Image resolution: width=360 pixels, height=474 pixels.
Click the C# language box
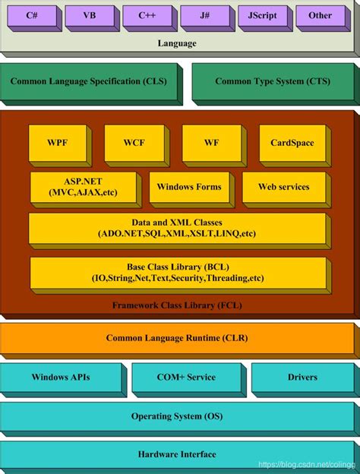coord(34,18)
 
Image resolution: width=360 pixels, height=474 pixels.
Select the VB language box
coord(92,18)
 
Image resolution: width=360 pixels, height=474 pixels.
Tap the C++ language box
coord(150,18)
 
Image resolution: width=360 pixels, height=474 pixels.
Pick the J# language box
coord(207,18)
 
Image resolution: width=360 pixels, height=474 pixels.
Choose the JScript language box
coord(265,18)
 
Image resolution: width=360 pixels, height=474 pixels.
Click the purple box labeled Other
coord(323,18)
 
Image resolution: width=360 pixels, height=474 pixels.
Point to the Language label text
coord(177,43)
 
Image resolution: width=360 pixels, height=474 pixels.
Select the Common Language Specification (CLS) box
coord(91,84)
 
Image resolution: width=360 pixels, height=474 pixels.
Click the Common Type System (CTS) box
coord(276,84)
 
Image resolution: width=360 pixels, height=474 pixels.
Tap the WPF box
coord(60,146)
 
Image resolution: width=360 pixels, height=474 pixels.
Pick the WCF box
coord(137,146)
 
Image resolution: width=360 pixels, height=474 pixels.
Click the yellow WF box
coord(214,146)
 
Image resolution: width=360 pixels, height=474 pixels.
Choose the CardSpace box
coord(295,146)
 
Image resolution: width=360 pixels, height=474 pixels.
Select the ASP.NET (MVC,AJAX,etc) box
coord(86,190)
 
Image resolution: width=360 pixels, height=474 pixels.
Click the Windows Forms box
coord(192,190)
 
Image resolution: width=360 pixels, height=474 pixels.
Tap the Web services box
coord(286,190)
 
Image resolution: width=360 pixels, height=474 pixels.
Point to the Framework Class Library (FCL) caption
coord(177,305)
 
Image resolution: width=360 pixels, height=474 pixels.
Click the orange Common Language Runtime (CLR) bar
coord(180,340)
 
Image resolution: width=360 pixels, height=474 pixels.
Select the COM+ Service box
coord(189,380)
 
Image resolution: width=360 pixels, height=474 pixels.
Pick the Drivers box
coord(305,380)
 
